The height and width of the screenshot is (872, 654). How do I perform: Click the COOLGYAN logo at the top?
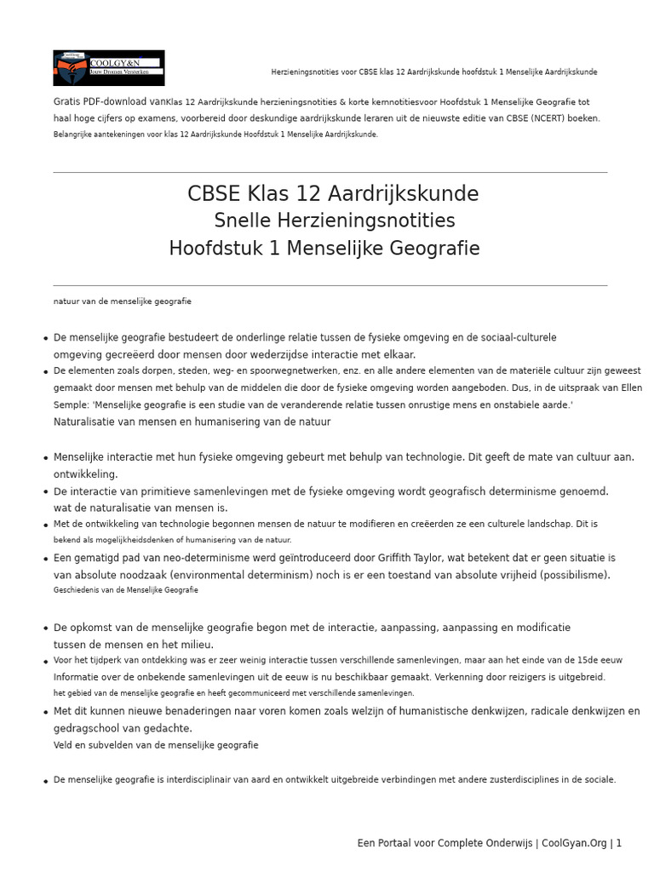pyautogui.click(x=109, y=67)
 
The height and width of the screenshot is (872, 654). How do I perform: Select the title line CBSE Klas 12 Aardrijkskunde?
pyautogui.click(x=333, y=194)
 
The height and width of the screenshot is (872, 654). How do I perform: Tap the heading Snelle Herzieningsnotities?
pyautogui.click(x=334, y=221)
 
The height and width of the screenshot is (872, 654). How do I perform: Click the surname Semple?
pyautogui.click(x=72, y=405)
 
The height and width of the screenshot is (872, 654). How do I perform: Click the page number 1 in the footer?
pyautogui.click(x=619, y=843)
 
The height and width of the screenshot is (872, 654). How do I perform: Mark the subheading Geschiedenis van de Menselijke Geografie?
pyautogui.click(x=126, y=589)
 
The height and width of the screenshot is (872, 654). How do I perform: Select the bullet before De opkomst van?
pyautogui.click(x=45, y=628)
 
